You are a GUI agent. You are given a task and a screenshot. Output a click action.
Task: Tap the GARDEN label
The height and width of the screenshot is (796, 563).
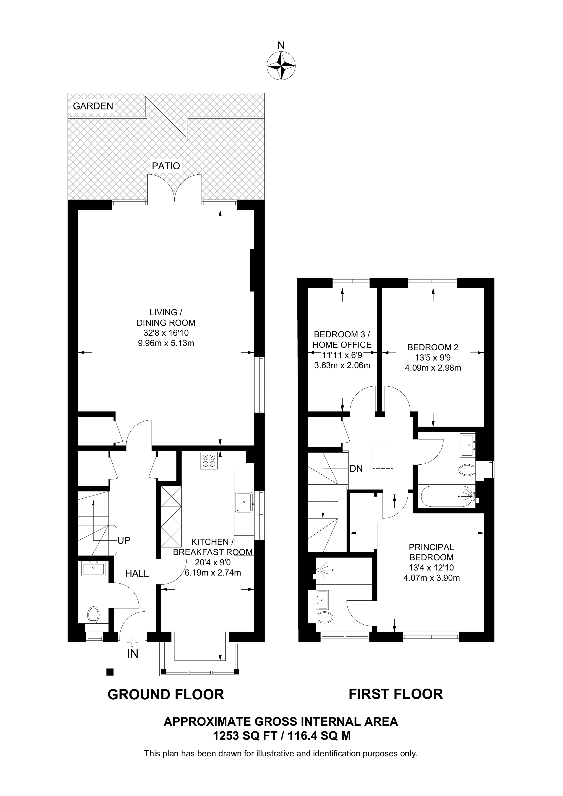(93, 106)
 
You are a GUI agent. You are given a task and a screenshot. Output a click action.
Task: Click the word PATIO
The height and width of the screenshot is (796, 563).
(166, 166)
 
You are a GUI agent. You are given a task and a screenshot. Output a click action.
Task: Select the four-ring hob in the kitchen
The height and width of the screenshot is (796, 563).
(209, 461)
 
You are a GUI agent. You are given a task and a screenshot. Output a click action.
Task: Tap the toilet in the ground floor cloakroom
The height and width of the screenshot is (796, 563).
(93, 615)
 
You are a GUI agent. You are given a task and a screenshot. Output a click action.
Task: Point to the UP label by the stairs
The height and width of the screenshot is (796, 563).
(124, 541)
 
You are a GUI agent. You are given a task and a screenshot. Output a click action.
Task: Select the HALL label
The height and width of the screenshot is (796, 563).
(137, 574)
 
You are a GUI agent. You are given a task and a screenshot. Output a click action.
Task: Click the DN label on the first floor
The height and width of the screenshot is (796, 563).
(356, 469)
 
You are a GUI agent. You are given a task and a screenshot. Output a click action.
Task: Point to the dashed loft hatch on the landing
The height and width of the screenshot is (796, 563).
(383, 456)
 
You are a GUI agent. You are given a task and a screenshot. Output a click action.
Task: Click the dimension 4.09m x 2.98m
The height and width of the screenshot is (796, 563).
(433, 368)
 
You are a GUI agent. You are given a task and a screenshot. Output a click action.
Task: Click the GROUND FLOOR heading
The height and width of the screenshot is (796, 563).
(166, 694)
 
